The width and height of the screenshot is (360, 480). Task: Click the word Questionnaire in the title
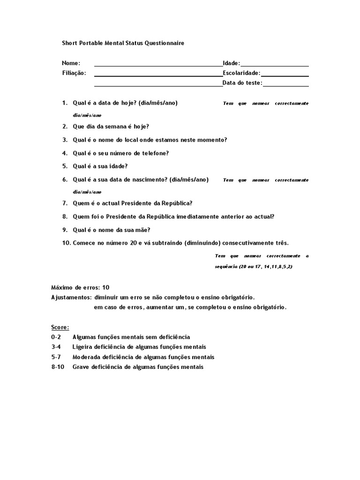click(165, 43)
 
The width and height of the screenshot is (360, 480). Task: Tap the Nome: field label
click(71, 63)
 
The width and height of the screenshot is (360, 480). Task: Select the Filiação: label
click(74, 73)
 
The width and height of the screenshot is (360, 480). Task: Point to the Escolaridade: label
click(241, 73)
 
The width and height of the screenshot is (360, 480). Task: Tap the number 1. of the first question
click(65, 103)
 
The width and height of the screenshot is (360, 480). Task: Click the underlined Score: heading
click(60, 327)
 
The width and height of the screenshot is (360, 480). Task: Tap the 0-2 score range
click(56, 337)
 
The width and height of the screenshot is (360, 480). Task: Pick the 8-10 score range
click(58, 367)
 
